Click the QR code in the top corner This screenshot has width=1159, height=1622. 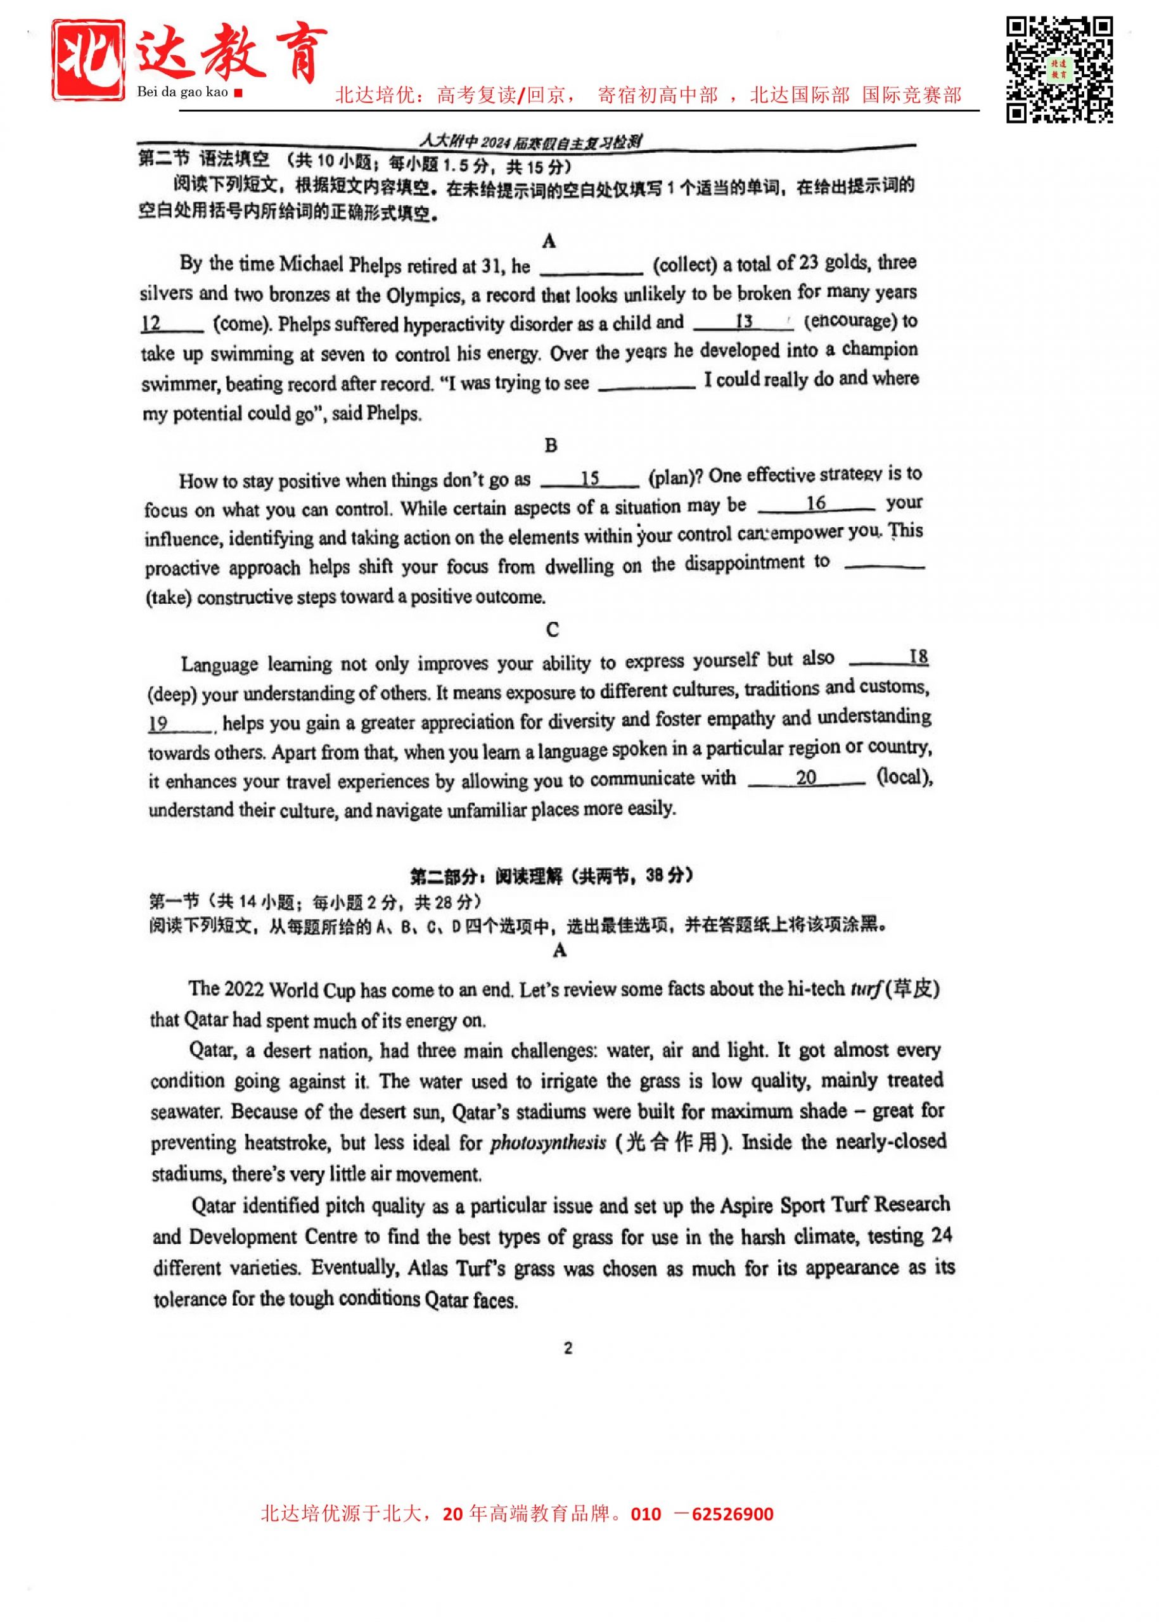pyautogui.click(x=1059, y=69)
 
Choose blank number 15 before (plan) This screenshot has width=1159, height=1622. pyautogui.click(x=589, y=478)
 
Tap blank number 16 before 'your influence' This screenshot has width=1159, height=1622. pyautogui.click(x=816, y=504)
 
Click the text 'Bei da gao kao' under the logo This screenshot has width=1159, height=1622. pyautogui.click(x=182, y=91)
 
